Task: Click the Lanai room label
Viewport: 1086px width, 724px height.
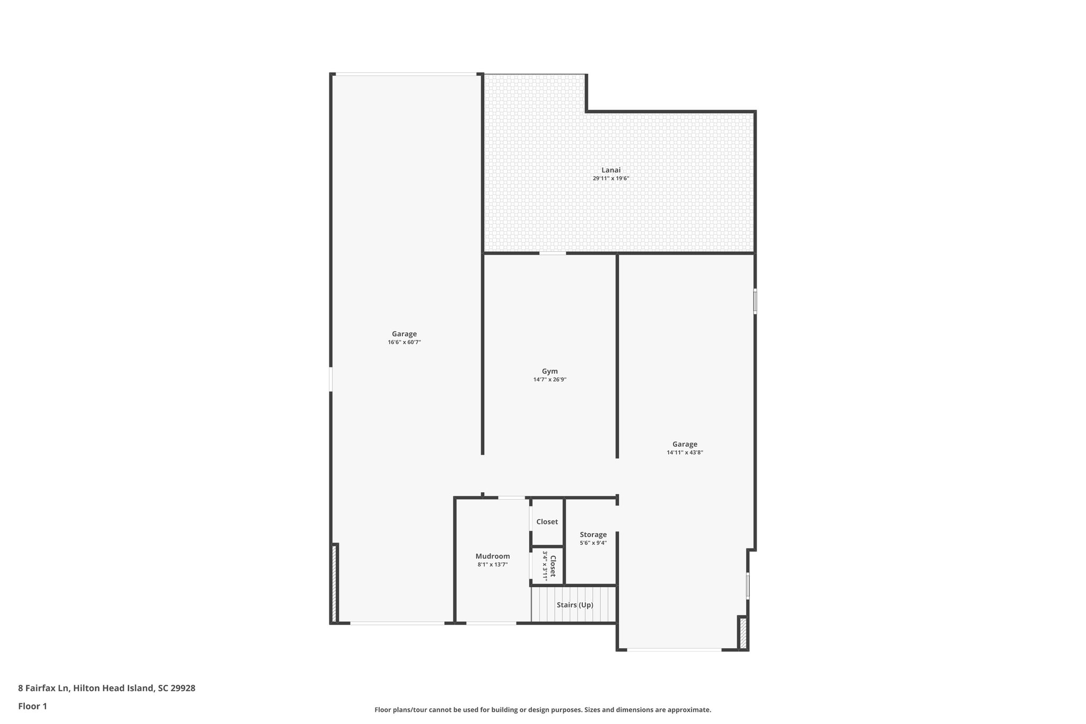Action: coord(610,170)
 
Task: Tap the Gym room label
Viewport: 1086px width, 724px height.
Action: coord(549,371)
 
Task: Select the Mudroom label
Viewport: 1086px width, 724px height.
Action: coord(492,556)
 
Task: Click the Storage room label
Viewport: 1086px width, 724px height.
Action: coord(593,535)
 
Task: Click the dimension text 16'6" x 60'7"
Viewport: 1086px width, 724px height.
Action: coord(404,343)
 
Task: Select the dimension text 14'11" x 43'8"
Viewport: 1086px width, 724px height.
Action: coord(685,453)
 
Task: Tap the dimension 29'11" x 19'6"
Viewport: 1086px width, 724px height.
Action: coord(610,179)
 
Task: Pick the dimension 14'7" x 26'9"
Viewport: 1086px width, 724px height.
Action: coord(549,380)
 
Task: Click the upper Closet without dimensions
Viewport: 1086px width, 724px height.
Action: coord(547,522)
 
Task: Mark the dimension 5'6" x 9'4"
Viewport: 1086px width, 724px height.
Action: coord(593,543)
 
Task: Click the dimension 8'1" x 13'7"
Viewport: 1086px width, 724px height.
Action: coord(492,565)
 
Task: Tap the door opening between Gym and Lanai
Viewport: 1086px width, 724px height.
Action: coord(553,254)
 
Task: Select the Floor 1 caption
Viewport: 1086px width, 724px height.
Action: coord(32,706)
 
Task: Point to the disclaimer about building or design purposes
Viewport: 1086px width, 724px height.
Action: coord(542,710)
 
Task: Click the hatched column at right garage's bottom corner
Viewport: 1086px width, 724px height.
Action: coord(742,633)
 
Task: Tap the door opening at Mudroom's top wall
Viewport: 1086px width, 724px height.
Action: coord(511,498)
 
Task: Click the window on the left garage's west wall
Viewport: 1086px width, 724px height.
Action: coord(331,380)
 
